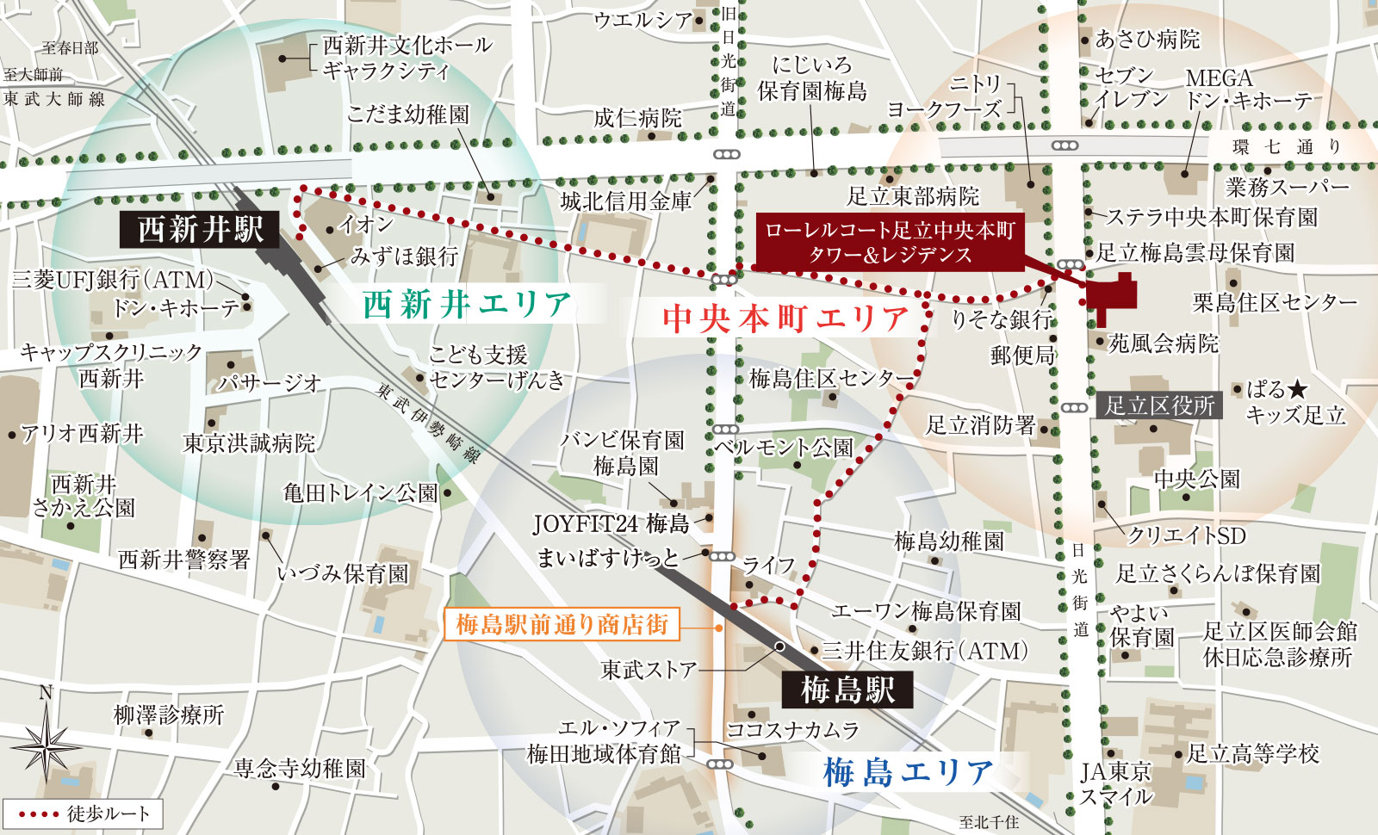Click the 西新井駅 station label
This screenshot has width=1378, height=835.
pos(200,230)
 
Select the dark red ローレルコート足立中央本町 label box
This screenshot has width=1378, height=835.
pos(889,243)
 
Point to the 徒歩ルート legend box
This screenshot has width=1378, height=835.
pos(83,813)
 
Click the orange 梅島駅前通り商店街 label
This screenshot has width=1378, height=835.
pos(562,624)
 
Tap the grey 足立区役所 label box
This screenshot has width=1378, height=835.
pos(1159,405)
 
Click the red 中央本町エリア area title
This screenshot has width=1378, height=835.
pos(785,319)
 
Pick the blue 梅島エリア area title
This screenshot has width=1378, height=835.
pos(908,772)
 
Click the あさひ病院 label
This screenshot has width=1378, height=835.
pos(1146,39)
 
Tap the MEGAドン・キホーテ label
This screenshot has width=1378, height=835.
pos(1246,90)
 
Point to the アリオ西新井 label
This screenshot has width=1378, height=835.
pos(82,433)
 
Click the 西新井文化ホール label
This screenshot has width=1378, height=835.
pos(407,45)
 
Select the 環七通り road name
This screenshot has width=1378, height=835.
pos(1287,146)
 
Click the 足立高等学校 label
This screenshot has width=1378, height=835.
pos(1252,754)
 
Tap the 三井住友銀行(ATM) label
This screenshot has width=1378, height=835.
pos(924,651)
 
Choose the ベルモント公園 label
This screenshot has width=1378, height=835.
pos(784,448)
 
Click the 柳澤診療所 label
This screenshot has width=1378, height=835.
pos(169,714)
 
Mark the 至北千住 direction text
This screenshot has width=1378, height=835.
pos(989,822)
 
